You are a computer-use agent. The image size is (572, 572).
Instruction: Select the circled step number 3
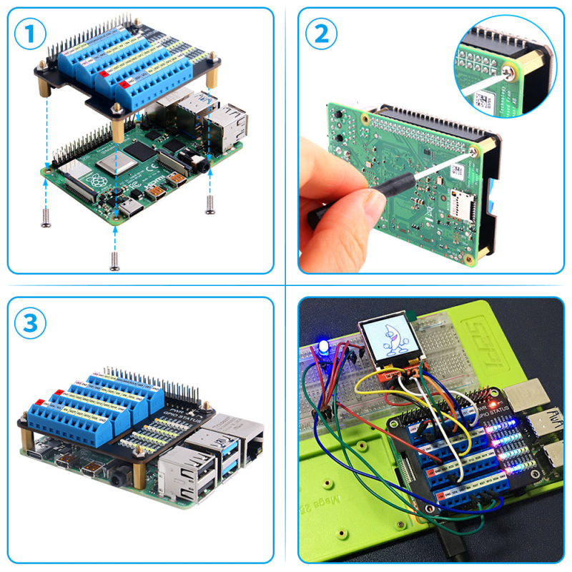[x=30, y=323]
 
